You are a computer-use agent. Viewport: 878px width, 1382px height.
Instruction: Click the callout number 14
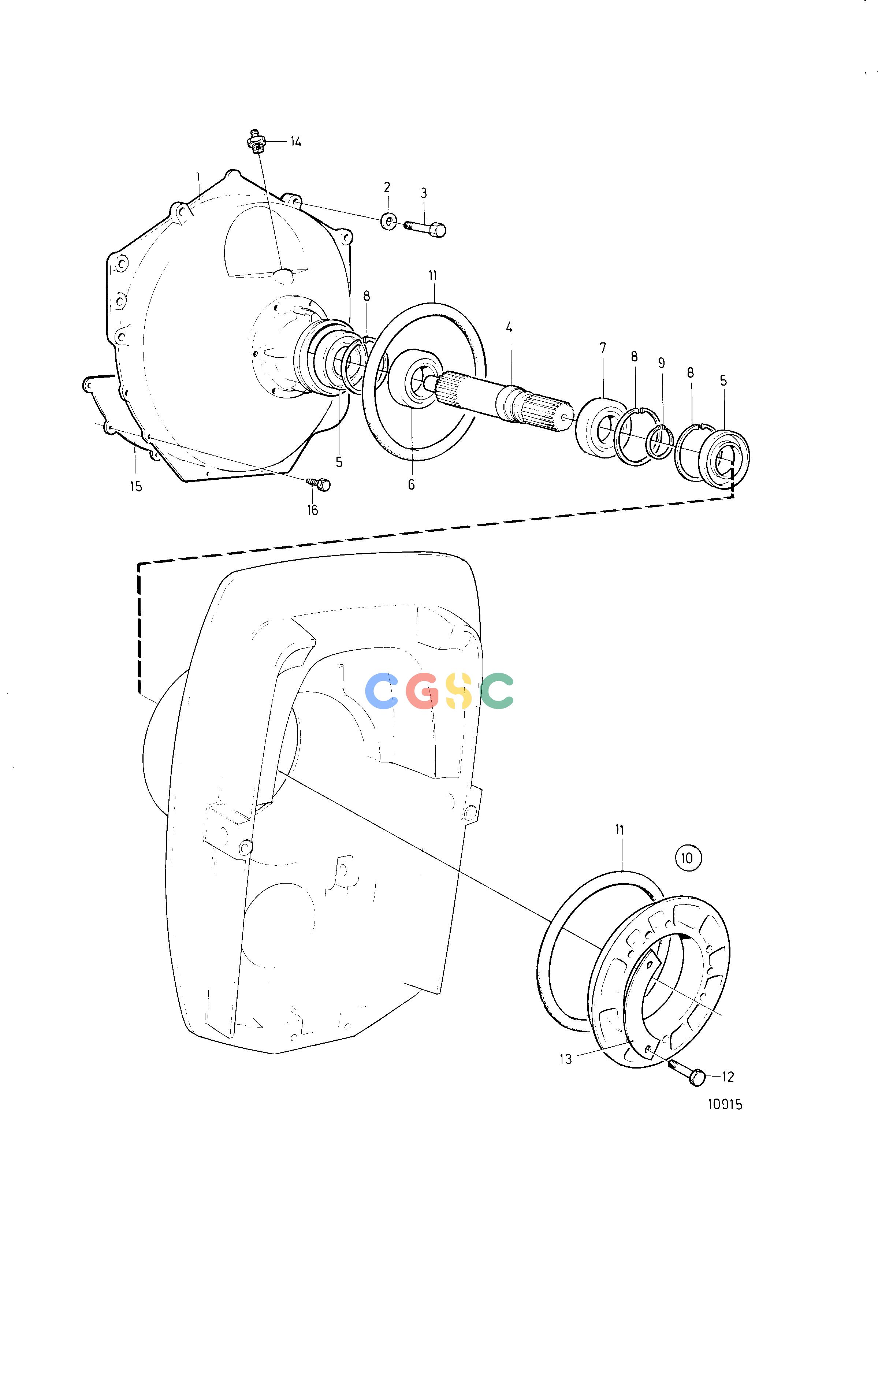(295, 142)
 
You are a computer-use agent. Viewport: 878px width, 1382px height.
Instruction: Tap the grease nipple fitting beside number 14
(256, 141)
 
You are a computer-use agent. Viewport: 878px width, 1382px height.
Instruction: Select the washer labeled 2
(388, 222)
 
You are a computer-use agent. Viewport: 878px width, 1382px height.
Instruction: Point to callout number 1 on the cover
(198, 176)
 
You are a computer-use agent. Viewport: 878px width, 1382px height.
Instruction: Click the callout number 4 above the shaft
(509, 328)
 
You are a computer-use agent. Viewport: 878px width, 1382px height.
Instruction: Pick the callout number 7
(603, 348)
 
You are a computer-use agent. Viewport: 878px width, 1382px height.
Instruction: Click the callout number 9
(661, 363)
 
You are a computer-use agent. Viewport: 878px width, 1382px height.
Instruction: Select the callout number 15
(135, 487)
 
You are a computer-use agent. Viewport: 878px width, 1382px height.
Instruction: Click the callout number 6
(412, 484)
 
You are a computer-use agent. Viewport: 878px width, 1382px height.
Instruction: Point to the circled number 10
(688, 858)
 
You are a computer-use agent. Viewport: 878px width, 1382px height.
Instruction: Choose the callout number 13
(566, 1059)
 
